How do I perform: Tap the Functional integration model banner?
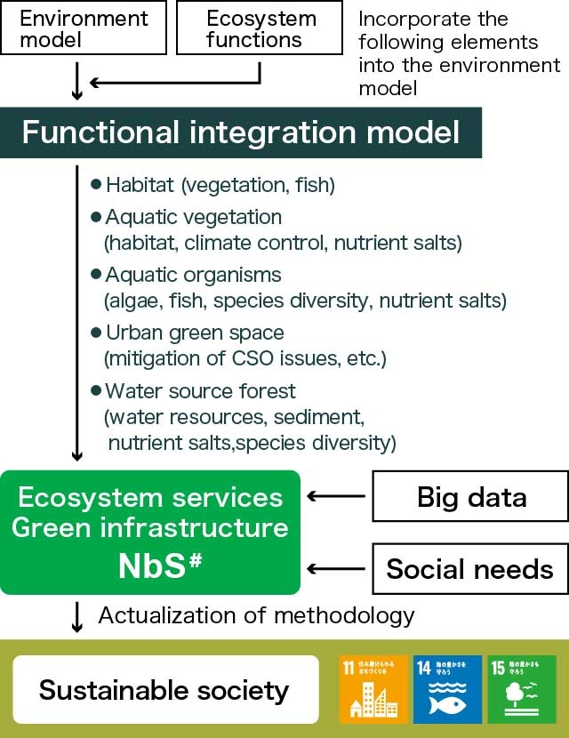(241, 133)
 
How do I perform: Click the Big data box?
(471, 496)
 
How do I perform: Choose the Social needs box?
(469, 568)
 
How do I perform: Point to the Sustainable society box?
(164, 690)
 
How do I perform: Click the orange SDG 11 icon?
(373, 690)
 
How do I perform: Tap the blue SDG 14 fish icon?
(446, 690)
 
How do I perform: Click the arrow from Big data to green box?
(337, 496)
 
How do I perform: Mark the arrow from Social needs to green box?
(337, 568)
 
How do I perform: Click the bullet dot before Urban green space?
(97, 333)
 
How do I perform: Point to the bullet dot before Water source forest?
(97, 391)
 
